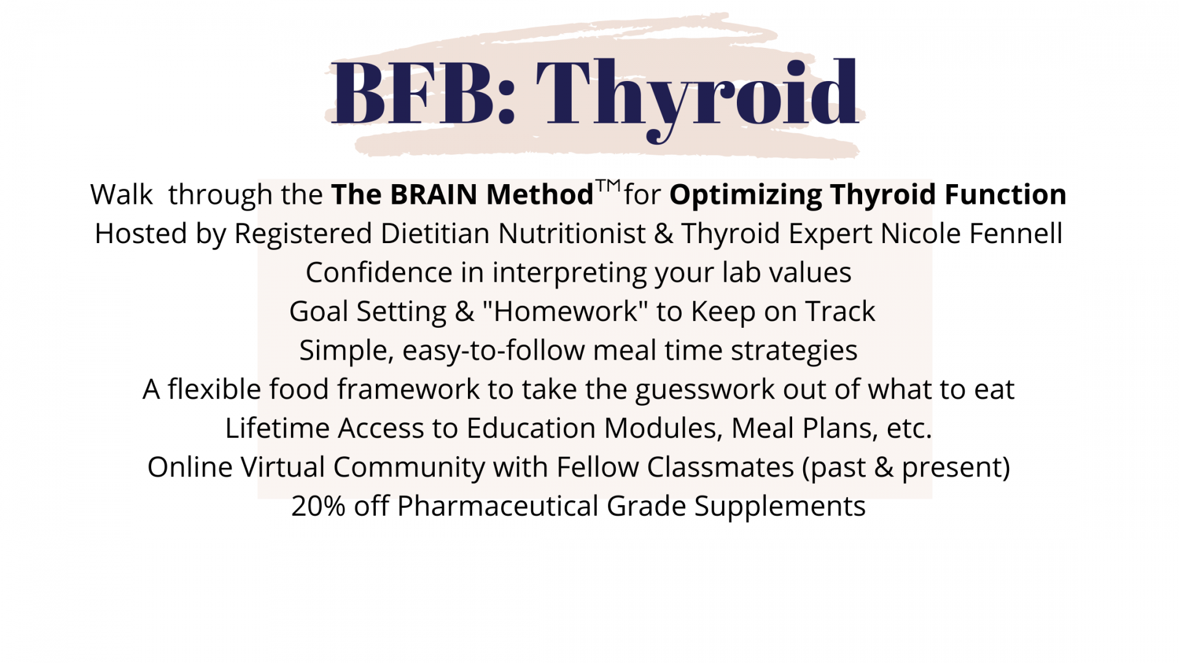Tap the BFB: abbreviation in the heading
click(x=423, y=93)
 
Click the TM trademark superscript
click(x=609, y=185)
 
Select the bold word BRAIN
click(x=434, y=195)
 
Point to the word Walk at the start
click(x=122, y=195)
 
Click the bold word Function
click(x=1005, y=195)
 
